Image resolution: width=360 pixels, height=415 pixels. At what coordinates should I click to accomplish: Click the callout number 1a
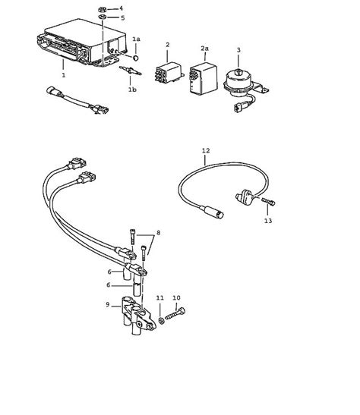pyautogui.click(x=137, y=38)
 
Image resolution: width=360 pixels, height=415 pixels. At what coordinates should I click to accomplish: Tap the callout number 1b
pyautogui.click(x=132, y=90)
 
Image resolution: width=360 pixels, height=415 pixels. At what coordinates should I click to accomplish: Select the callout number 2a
pyautogui.click(x=204, y=47)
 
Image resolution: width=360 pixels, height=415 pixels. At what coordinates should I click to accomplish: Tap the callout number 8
pyautogui.click(x=159, y=231)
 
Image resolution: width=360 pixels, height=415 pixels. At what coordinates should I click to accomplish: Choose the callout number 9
pyautogui.click(x=109, y=304)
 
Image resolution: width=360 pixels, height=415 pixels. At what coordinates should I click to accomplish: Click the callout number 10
pyautogui.click(x=176, y=297)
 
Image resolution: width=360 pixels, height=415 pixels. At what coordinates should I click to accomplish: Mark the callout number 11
pyautogui.click(x=159, y=297)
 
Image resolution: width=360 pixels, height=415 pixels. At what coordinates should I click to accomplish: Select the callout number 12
pyautogui.click(x=206, y=151)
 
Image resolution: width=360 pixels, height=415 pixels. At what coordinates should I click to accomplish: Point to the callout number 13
pyautogui.click(x=267, y=221)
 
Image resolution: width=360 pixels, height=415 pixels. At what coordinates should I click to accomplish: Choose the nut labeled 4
pyautogui.click(x=103, y=8)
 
